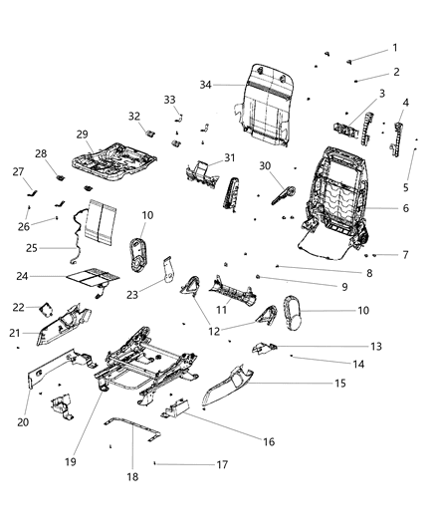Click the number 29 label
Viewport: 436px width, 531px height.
[x=83, y=133]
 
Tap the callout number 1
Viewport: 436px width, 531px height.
[x=394, y=48]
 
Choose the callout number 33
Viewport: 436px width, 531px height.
[x=169, y=100]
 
